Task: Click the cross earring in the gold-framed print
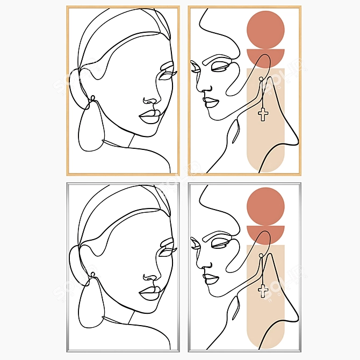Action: coord(263,113)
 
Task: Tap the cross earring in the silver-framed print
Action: coord(263,290)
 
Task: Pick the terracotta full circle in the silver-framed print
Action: coord(265,206)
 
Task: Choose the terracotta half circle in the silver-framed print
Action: coord(265,233)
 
